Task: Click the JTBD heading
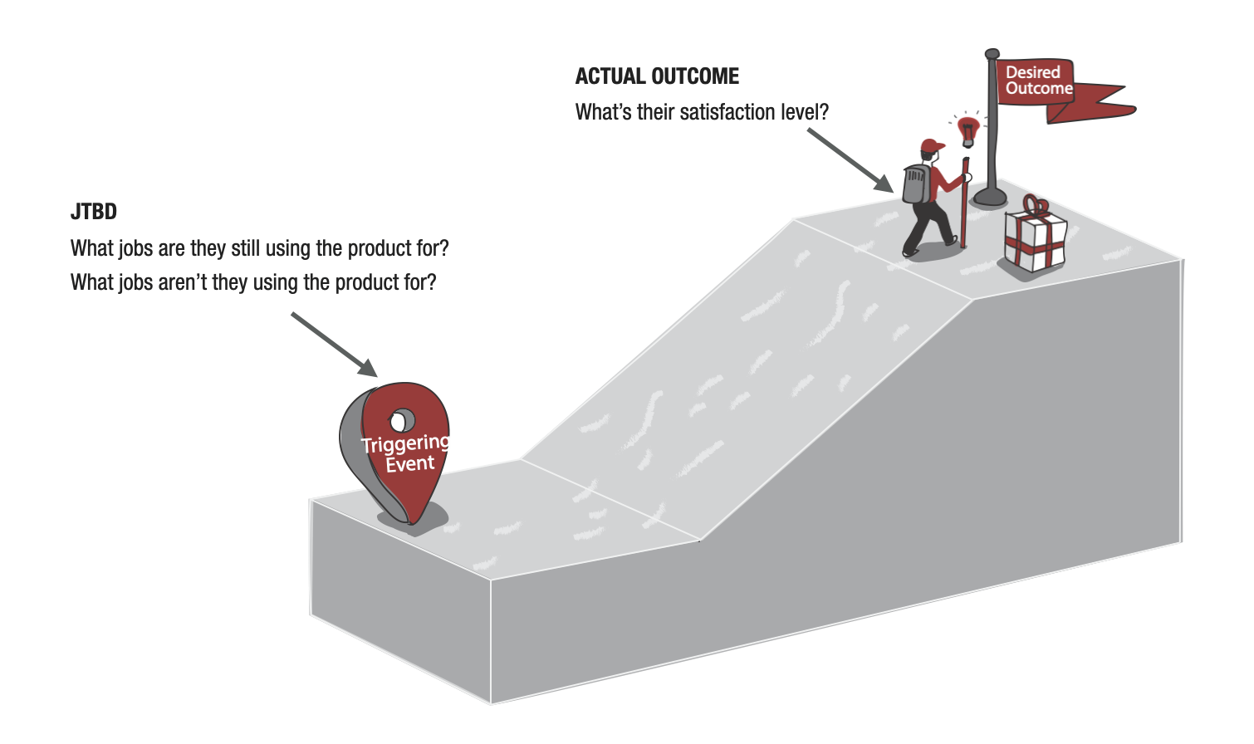pos(94,212)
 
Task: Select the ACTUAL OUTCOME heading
pos(657,76)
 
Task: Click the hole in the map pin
pos(400,421)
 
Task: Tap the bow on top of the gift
pos(1036,205)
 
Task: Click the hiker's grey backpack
pos(917,184)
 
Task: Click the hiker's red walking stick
pos(964,203)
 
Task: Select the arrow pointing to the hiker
pos(850,160)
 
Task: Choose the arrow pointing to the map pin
pos(334,345)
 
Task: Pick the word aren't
pos(182,282)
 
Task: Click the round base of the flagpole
pos(990,197)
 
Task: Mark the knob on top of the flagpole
pos(992,54)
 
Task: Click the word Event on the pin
pos(409,464)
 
